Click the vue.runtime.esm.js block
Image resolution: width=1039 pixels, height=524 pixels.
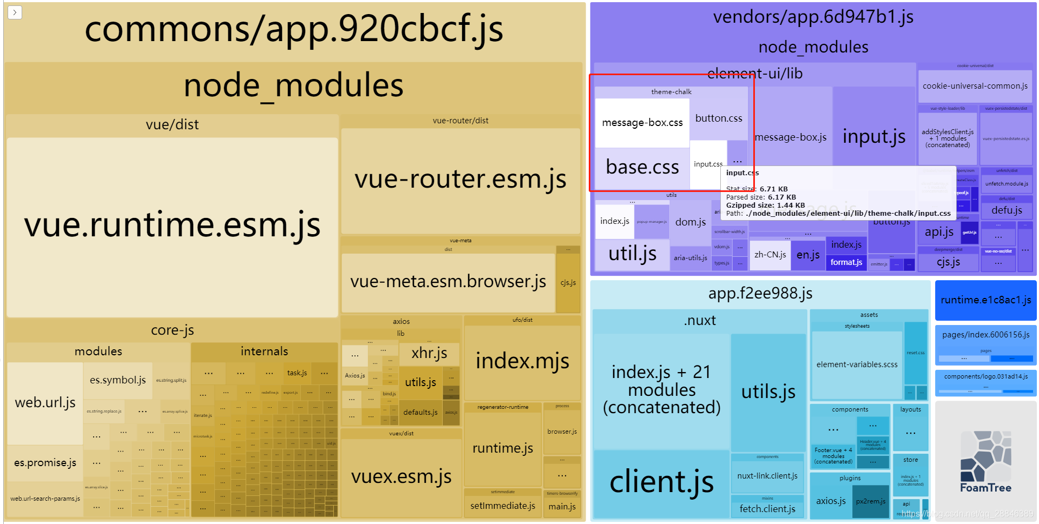[172, 226]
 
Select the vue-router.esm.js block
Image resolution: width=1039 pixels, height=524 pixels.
[460, 180]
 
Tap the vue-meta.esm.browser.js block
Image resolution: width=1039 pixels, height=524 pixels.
[448, 282]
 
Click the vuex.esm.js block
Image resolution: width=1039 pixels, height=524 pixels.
[401, 476]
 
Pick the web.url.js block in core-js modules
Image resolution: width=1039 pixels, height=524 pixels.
[45, 403]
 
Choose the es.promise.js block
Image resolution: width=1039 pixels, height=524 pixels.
[45, 463]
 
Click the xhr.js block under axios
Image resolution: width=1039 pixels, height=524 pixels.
[429, 353]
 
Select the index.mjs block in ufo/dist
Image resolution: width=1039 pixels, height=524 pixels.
[522, 361]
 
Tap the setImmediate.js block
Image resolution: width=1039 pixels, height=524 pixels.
[502, 506]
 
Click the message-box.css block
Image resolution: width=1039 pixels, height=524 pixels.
[642, 123]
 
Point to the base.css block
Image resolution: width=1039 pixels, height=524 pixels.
[642, 168]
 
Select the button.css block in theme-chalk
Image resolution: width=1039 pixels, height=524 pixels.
[719, 118]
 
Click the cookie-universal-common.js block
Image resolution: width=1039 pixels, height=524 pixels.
[975, 86]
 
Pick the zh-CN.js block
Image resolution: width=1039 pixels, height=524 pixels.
[770, 255]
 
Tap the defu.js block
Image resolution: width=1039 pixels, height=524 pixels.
[1007, 210]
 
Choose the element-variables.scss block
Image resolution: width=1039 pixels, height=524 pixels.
[857, 365]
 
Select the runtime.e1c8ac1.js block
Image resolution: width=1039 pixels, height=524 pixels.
[985, 300]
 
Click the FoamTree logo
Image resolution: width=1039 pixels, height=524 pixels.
[985, 461]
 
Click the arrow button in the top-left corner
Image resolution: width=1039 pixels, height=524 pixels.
[15, 12]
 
